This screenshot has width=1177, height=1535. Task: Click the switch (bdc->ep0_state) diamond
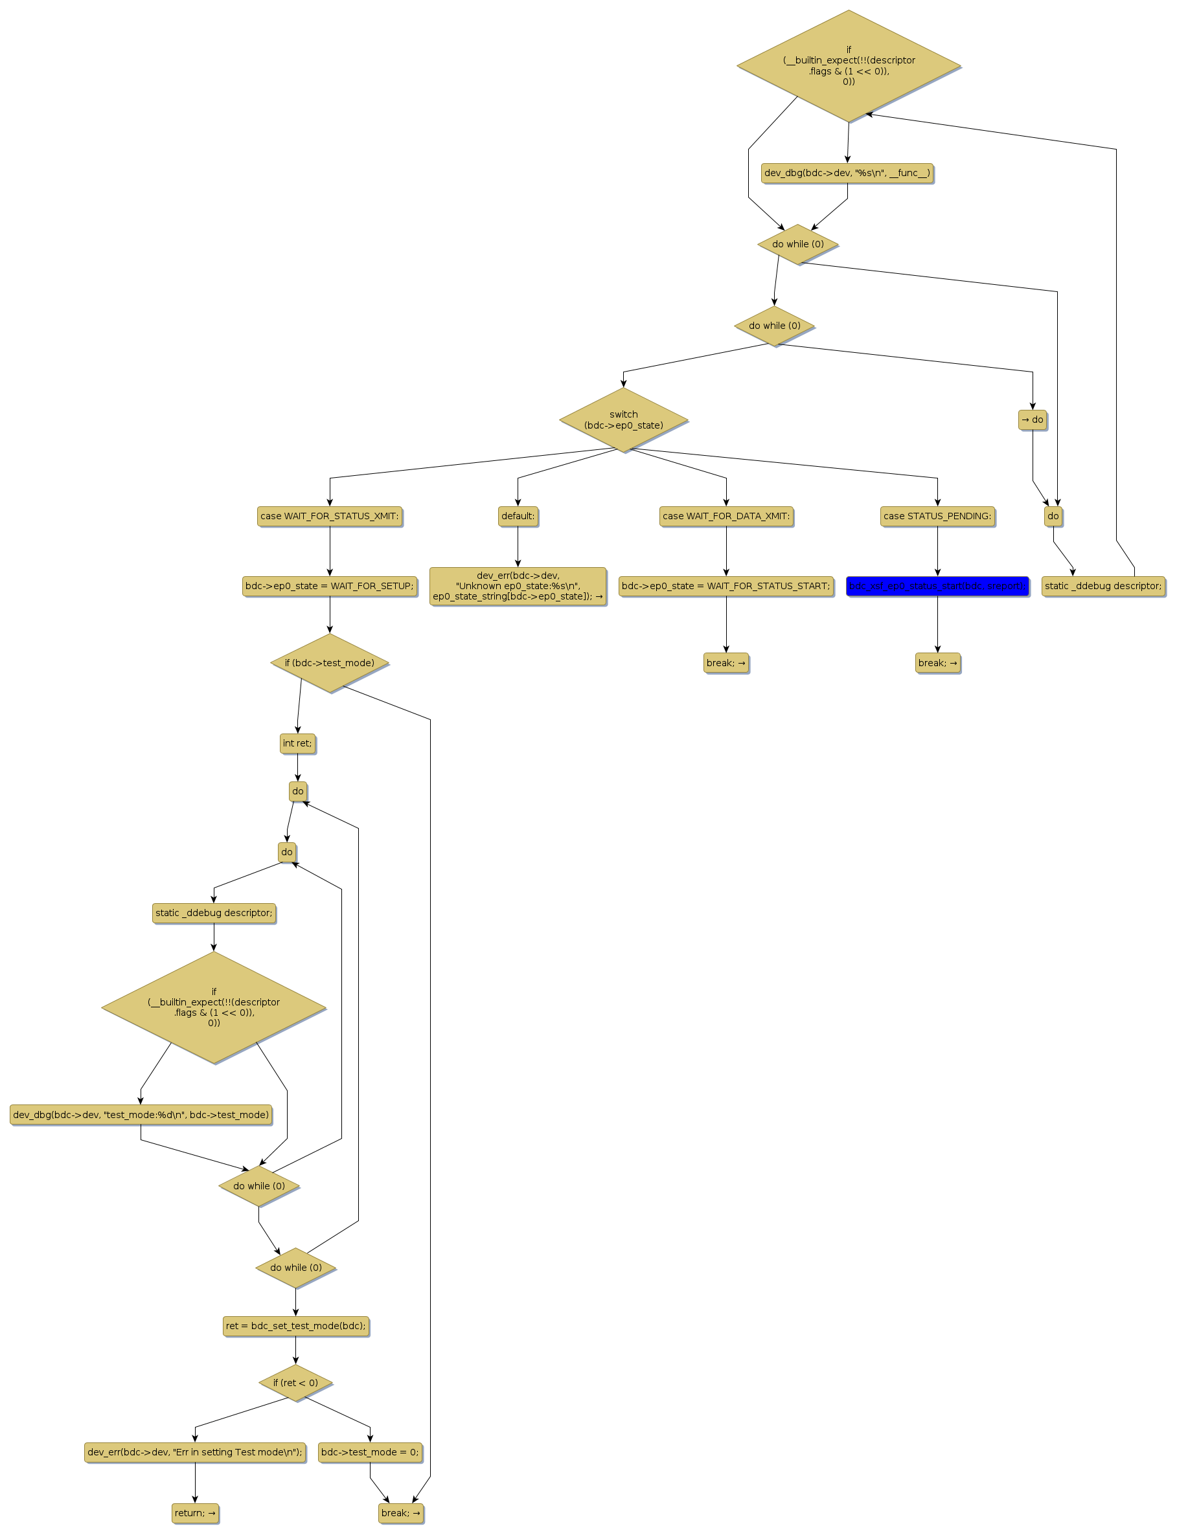coord(624,420)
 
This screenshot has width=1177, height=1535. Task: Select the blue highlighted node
coord(937,586)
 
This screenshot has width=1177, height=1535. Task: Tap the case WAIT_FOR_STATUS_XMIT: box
coord(329,516)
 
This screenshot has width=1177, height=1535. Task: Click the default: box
coord(518,516)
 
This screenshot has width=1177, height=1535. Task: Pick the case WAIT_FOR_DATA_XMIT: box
coord(726,516)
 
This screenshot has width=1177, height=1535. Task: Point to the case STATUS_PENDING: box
coord(937,516)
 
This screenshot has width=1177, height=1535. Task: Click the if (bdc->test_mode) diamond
coord(329,663)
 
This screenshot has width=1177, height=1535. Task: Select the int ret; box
coord(297,744)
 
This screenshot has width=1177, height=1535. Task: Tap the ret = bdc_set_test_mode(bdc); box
coord(295,1326)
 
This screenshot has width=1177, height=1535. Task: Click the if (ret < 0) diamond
coord(295,1383)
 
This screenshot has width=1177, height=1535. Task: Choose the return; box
coord(196,1512)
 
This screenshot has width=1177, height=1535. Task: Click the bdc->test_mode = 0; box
coord(370,1451)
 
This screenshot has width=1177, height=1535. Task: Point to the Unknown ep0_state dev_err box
coord(518,586)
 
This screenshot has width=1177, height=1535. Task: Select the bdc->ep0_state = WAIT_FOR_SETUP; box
coord(329,586)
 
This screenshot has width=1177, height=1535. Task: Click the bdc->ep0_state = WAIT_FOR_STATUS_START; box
coord(726,586)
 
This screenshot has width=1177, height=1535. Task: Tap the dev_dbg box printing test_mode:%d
coord(141,1115)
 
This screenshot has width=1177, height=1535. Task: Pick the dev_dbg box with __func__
coord(847,173)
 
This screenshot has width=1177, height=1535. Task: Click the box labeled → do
coord(1032,420)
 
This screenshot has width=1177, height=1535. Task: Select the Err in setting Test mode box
coord(195,1451)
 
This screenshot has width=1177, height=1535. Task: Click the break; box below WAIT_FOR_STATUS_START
coord(726,663)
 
